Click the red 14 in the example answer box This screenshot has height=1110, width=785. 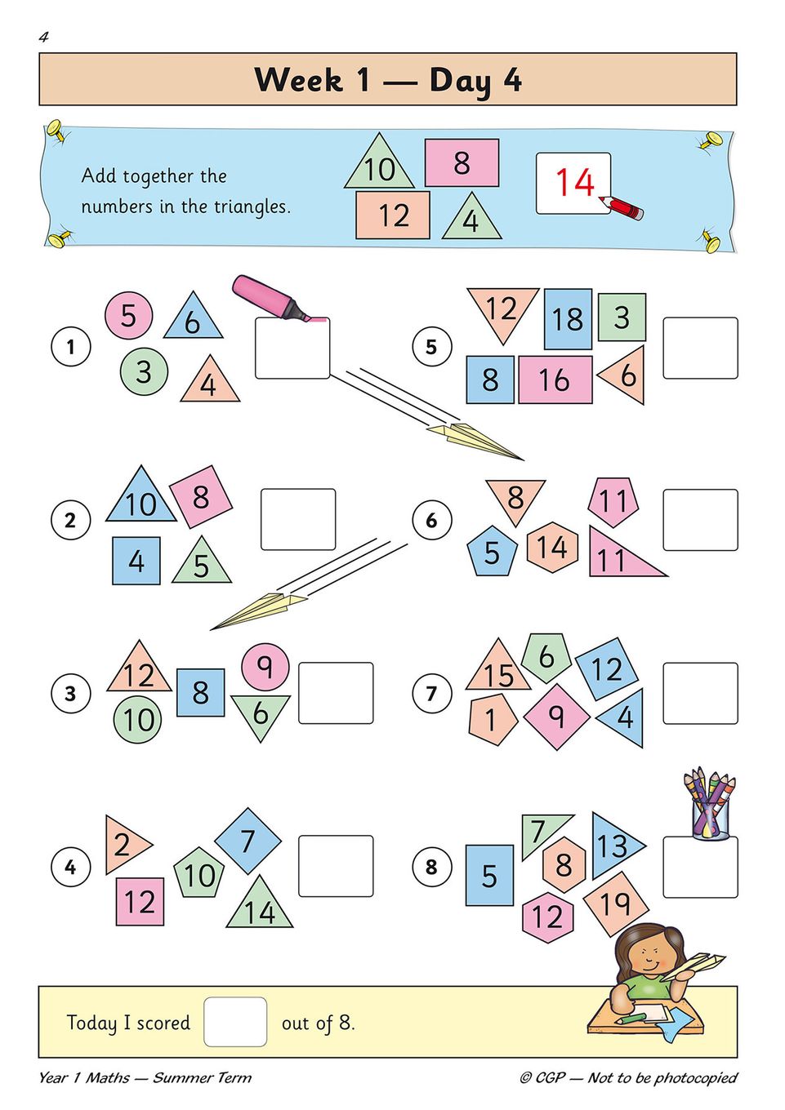click(574, 182)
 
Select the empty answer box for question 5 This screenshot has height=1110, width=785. click(700, 348)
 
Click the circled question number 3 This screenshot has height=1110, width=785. click(70, 694)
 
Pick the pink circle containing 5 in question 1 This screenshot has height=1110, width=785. click(128, 316)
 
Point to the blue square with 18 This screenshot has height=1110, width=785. click(568, 318)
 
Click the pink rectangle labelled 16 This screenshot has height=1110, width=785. click(555, 380)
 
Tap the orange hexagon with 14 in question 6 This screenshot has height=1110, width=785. click(552, 547)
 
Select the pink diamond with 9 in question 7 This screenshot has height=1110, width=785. click(556, 716)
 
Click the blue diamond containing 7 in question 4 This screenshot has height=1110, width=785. click(248, 840)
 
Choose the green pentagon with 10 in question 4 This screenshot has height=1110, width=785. click(199, 873)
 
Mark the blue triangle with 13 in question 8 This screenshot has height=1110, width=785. click(613, 846)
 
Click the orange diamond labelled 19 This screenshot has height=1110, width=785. click(616, 903)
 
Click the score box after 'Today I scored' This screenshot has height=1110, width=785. click(235, 1022)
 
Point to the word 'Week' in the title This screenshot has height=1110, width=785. click(299, 80)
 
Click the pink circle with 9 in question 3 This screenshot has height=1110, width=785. click(265, 666)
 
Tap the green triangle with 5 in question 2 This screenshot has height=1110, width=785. click(202, 563)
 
